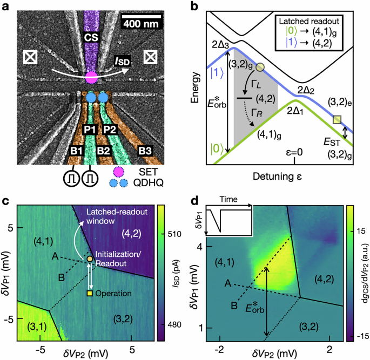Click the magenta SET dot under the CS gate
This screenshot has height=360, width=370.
tap(91, 77)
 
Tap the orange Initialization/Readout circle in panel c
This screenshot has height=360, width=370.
tap(90, 260)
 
